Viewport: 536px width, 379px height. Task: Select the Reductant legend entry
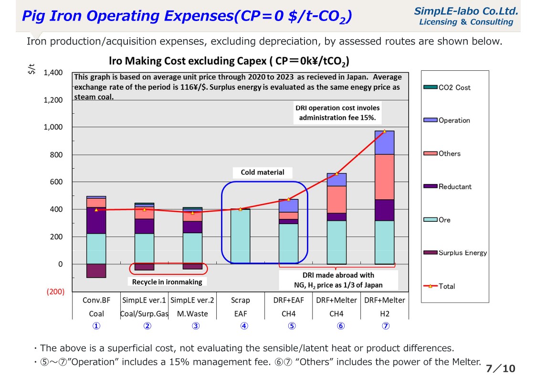pos(454,187)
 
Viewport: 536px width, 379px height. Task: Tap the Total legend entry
pos(446,286)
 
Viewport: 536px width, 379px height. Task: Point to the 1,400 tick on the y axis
pos(53,73)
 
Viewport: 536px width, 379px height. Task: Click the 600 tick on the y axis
pos(56,182)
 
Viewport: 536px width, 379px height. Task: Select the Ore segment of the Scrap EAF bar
pos(241,237)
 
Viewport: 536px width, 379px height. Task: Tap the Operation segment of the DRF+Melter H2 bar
pos(385,142)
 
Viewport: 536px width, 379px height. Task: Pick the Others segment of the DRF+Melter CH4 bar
pos(336,199)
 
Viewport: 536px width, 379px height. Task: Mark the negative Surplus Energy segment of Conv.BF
pos(96,271)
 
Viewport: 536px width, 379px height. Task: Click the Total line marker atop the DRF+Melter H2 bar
pos(385,131)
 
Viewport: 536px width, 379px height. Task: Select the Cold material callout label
pos(262,173)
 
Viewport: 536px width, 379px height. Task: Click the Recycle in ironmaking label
pos(167,282)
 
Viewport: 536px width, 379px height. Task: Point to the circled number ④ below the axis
pos(244,326)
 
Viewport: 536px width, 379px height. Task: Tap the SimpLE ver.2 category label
pos(192,300)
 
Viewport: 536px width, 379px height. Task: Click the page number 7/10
pos(501,368)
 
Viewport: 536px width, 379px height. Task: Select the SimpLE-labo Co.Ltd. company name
pos(466,11)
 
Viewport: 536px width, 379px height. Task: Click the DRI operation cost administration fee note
pos(337,113)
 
